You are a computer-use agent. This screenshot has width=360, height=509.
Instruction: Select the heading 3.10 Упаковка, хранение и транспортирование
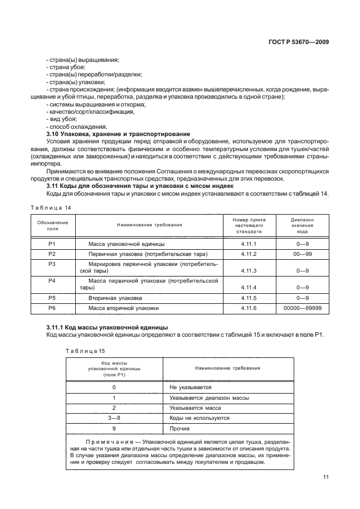118,134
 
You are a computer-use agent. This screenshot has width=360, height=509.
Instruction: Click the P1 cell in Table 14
52,244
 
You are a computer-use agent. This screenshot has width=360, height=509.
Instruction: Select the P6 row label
52,307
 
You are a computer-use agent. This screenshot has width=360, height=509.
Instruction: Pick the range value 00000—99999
303,307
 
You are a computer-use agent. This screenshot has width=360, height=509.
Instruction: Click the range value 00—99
303,254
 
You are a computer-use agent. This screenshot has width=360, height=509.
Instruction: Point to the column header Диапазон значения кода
303,225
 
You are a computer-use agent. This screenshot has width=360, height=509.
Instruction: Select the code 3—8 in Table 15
114,418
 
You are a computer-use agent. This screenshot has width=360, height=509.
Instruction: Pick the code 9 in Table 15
114,428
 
